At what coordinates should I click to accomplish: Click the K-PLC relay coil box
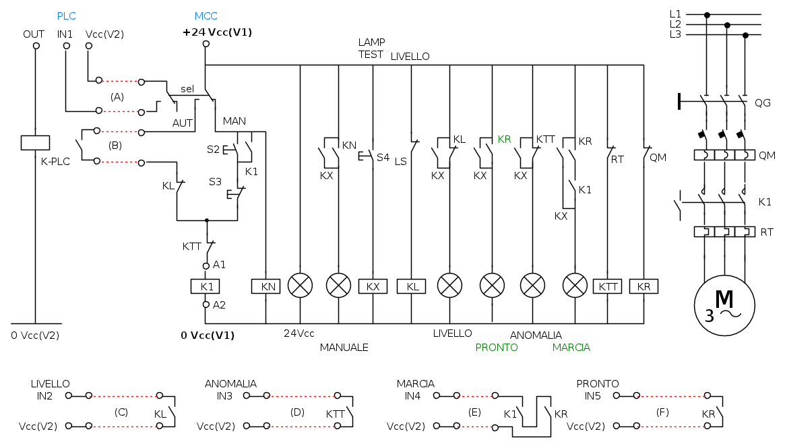pyautogui.click(x=35, y=143)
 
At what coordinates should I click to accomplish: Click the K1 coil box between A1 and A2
pyautogui.click(x=206, y=286)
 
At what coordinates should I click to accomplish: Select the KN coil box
pyautogui.click(x=265, y=286)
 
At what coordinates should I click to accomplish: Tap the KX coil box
pyautogui.click(x=373, y=286)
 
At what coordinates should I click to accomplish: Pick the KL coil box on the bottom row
pyautogui.click(x=412, y=286)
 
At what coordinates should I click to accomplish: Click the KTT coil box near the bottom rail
pyautogui.click(x=608, y=286)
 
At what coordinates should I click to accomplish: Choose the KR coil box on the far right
pyautogui.click(x=643, y=286)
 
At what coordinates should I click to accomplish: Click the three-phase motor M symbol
pyautogui.click(x=724, y=305)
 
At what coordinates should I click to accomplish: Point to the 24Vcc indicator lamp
pyautogui.click(x=301, y=286)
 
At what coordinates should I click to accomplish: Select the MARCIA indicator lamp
pyautogui.click(x=575, y=286)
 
